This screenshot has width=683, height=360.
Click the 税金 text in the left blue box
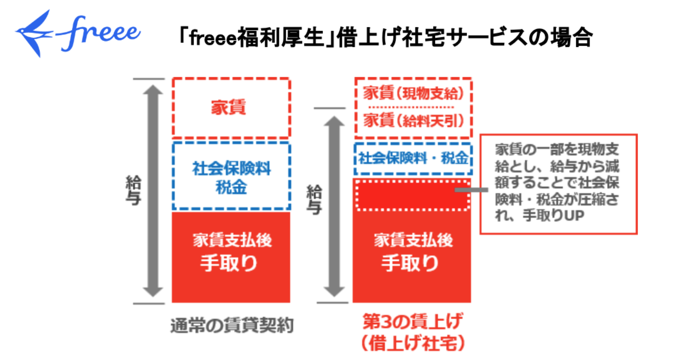coord(231,187)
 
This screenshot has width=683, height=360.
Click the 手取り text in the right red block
coord(411,263)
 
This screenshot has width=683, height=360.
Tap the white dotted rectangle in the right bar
coord(411,195)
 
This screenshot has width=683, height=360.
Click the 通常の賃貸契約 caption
coord(232,326)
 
